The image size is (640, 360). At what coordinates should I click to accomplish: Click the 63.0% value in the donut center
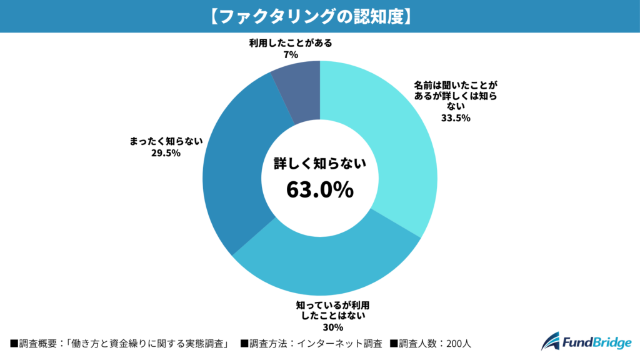click(x=319, y=189)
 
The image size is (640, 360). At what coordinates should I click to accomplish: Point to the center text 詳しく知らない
click(x=319, y=164)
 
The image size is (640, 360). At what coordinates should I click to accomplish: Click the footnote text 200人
click(x=463, y=343)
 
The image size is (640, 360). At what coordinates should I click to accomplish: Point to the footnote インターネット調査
click(x=339, y=343)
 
